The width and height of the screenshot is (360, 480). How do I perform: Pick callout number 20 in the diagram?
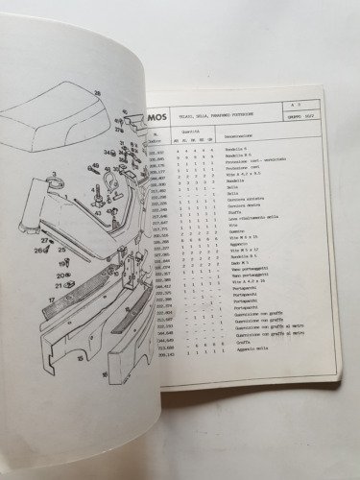point(59,276)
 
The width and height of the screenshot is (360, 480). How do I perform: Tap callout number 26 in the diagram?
point(38,252)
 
